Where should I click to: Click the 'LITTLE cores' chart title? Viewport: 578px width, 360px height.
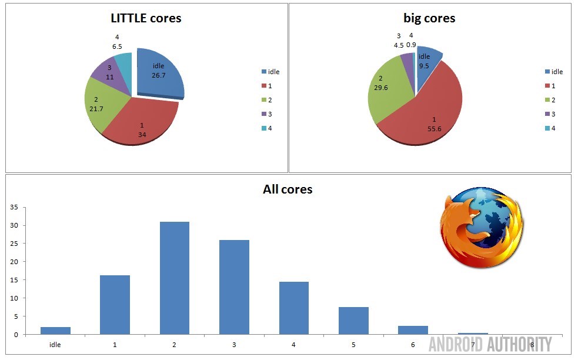pos(146,18)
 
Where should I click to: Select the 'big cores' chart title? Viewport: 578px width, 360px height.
pos(430,18)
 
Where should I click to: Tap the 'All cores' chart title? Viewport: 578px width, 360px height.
pos(288,189)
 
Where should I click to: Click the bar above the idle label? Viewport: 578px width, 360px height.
pos(55,331)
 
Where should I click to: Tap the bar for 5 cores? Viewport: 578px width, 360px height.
pos(353,321)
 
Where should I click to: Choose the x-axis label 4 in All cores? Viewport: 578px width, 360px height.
pos(294,345)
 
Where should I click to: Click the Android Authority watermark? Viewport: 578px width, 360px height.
pos(490,344)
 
